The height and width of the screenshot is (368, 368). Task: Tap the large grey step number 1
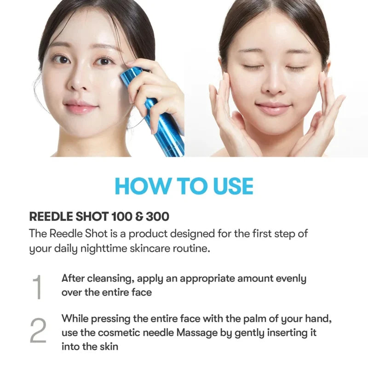[x=38, y=287]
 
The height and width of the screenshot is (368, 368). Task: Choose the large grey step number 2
[x=38, y=330]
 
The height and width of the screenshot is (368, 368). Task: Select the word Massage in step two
[x=197, y=333]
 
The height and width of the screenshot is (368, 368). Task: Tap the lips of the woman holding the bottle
[x=81, y=107]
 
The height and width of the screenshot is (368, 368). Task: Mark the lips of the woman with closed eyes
[x=273, y=108]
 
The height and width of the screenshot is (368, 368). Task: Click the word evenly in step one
[x=291, y=279]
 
